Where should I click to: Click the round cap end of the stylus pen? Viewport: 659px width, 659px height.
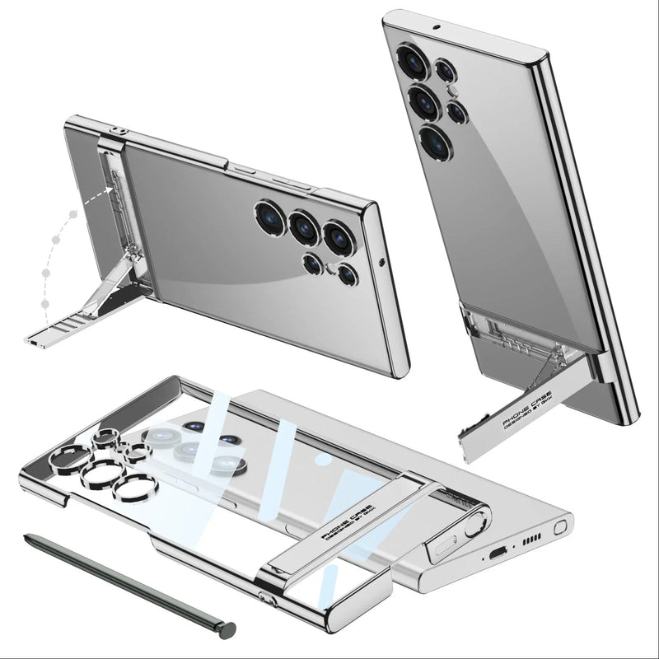pos(227,630)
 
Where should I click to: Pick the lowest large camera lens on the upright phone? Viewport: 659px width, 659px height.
pos(434,143)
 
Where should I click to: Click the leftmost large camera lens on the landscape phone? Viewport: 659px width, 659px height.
pos(269,217)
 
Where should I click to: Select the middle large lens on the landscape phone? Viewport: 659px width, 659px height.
pos(305,227)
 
